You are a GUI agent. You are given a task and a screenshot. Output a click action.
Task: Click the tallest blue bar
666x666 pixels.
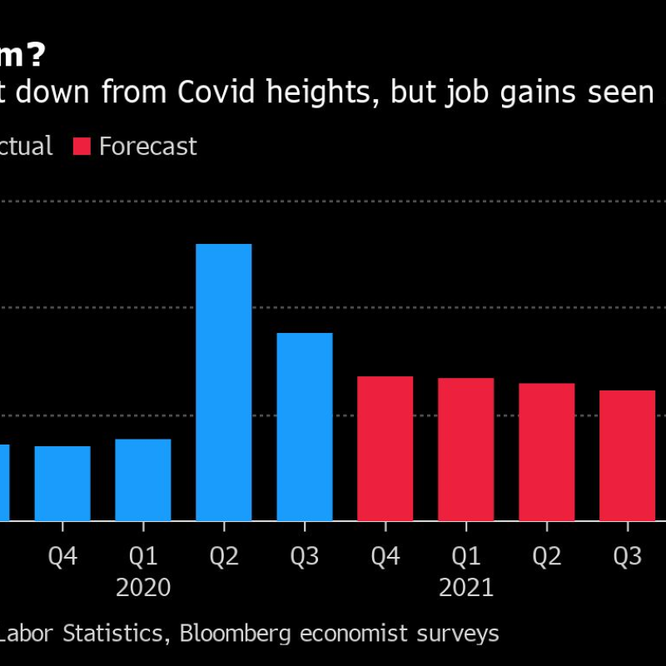coord(223,383)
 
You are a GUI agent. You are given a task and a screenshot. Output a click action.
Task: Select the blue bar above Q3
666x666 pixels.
coord(305,427)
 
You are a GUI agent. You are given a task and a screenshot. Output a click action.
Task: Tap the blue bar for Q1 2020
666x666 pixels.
coord(143,480)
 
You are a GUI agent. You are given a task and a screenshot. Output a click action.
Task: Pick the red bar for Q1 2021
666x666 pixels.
coord(466,450)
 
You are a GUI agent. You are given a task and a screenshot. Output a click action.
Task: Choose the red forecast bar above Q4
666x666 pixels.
coord(385,449)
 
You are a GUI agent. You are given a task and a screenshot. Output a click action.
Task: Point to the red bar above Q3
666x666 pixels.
coord(628,455)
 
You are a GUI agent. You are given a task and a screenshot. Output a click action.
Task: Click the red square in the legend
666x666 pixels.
coord(82,147)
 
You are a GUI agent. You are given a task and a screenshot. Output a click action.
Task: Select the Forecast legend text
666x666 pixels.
coord(147,147)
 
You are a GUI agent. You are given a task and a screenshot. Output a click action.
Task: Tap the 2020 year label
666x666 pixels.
coord(143,588)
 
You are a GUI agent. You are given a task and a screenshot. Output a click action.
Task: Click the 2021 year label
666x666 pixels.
coord(466,588)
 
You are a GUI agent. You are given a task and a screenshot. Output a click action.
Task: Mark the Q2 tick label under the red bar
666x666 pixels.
coord(547,556)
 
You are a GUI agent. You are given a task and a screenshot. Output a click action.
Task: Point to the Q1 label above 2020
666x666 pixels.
coord(143,556)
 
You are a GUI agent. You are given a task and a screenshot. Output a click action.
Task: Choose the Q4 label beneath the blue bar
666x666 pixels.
coord(62,556)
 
